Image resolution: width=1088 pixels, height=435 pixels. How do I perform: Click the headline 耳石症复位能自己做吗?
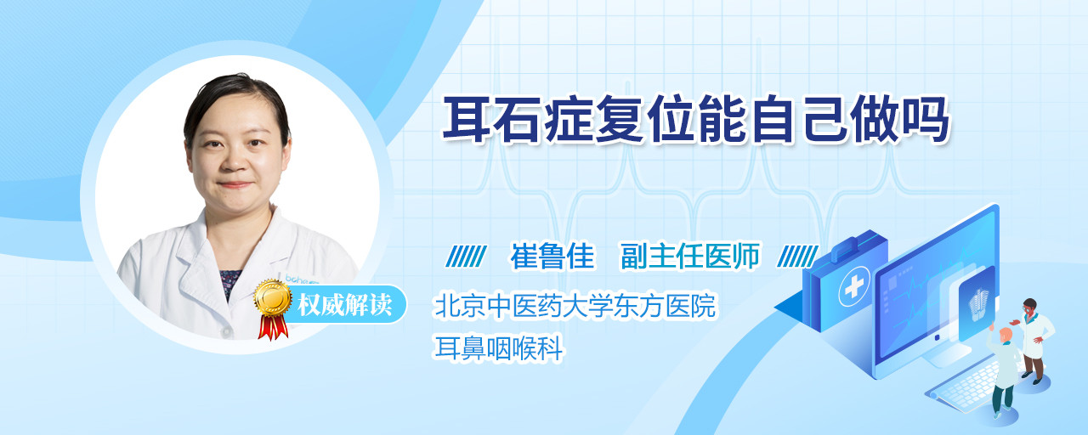[695, 120]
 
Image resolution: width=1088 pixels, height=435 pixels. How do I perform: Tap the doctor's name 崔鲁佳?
[552, 256]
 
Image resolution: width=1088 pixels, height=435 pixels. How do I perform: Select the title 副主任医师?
[690, 256]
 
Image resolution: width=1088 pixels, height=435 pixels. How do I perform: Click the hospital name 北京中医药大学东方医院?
[575, 305]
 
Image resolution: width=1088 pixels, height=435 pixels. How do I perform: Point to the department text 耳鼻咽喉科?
[498, 348]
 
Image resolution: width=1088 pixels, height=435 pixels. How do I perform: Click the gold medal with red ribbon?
[273, 308]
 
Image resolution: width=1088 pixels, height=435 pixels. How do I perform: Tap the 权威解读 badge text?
[345, 305]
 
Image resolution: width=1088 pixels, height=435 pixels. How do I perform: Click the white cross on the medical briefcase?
[853, 287]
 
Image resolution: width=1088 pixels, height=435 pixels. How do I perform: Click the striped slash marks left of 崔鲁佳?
[466, 257]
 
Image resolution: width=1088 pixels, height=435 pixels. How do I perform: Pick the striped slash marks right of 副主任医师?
[797, 257]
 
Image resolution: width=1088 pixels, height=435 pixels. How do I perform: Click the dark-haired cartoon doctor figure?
[1034, 341]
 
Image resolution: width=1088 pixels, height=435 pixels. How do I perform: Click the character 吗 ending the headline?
[925, 120]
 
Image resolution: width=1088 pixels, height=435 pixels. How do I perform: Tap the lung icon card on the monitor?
[977, 303]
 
